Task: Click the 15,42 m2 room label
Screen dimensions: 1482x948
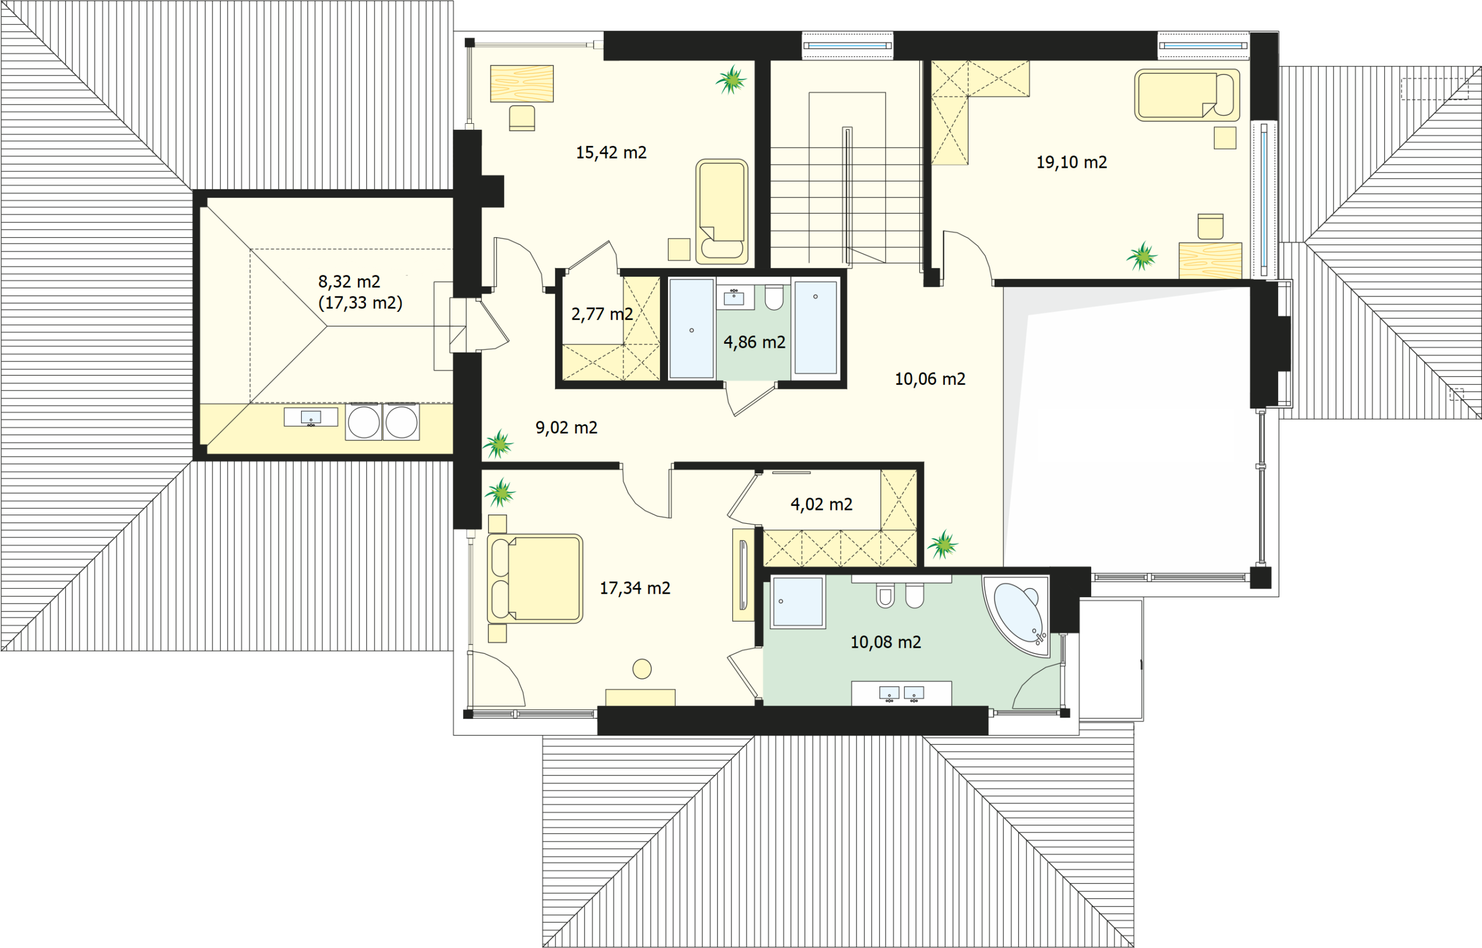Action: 611,153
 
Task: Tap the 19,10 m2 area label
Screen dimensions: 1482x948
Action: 1072,163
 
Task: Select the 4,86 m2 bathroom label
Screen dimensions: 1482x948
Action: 754,342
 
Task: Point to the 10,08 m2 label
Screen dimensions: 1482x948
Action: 885,642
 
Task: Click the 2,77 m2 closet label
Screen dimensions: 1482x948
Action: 602,315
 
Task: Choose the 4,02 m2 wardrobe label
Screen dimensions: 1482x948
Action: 821,505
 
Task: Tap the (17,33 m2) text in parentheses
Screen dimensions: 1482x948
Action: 360,303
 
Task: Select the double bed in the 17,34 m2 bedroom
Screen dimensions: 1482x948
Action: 534,579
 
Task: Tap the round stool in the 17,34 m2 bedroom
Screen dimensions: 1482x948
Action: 641,668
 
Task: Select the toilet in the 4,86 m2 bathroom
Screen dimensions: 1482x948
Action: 774,297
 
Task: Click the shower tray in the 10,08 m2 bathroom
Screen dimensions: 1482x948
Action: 797,602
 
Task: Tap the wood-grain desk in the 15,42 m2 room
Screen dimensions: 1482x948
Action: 522,83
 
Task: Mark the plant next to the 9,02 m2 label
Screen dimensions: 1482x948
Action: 498,444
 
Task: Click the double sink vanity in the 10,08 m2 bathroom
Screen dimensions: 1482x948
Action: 901,693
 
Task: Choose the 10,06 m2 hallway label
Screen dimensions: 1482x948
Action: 930,379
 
